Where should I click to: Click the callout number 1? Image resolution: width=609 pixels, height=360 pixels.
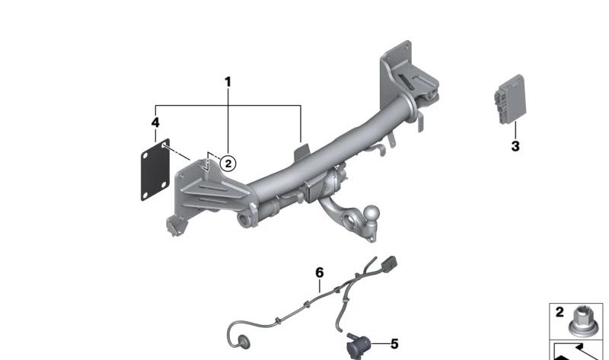pos(228,82)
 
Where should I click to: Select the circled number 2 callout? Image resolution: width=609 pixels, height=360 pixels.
pos(228,164)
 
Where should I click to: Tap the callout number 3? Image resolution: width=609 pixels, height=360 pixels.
pos(515,146)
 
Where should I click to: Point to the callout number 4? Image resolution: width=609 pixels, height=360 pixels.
pos(155,123)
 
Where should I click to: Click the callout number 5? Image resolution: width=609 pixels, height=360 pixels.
pos(394,344)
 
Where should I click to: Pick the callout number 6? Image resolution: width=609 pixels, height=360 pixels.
pos(319,273)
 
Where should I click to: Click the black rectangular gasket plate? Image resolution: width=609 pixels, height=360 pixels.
pos(155,170)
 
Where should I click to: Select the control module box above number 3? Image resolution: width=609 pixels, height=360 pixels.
pos(510,100)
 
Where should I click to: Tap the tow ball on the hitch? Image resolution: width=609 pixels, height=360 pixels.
pos(372,213)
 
